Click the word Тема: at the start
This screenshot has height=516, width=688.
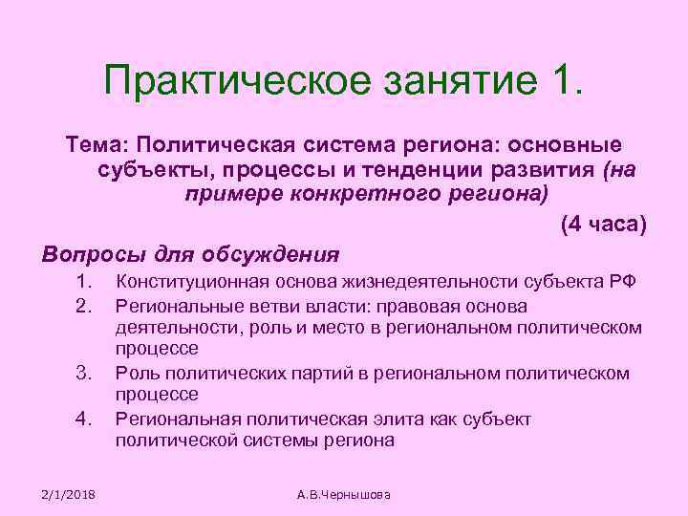[x=96, y=143]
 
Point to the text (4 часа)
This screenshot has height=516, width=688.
[x=603, y=226]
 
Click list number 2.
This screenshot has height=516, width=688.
[x=82, y=307]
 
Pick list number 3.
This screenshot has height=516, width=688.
[x=82, y=373]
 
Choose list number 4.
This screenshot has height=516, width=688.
[x=82, y=418]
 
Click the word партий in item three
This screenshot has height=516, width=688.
[x=332, y=373]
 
